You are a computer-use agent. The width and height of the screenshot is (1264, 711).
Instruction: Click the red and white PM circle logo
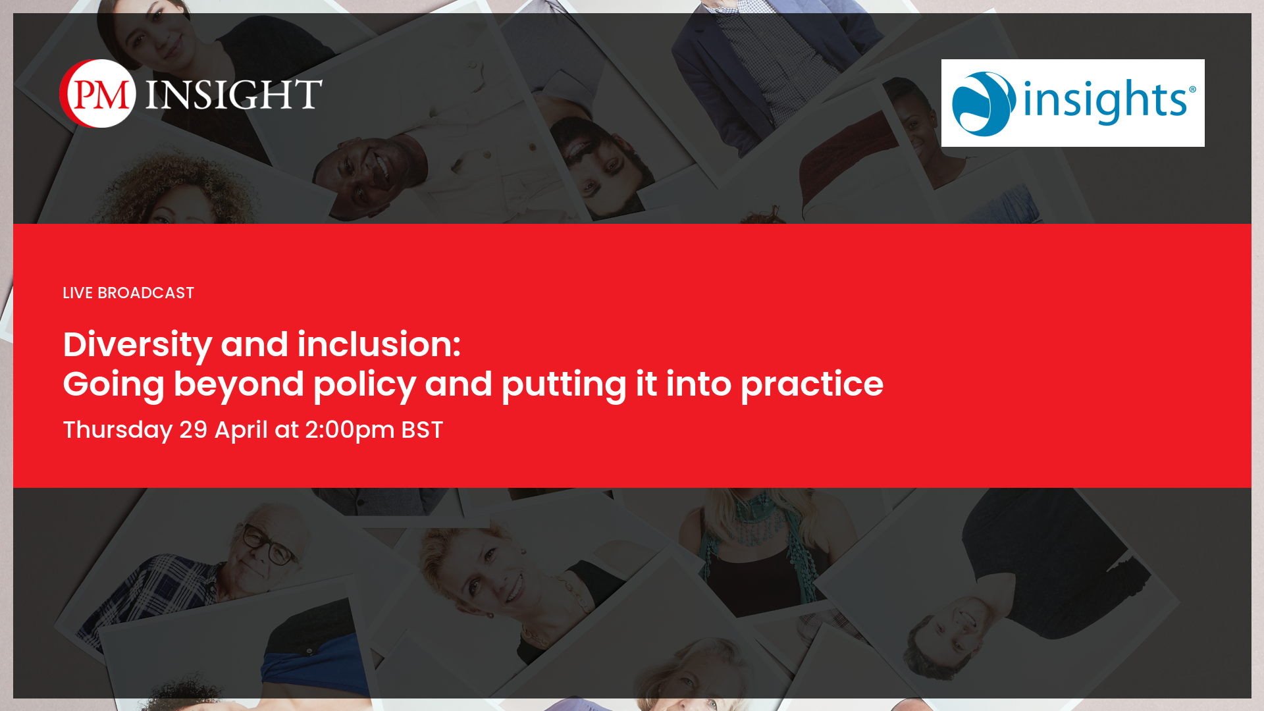[97, 93]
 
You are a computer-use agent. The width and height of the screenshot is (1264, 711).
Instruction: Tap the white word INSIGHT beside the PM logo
[234, 93]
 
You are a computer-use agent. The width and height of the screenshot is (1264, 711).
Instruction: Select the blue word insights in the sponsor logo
[1104, 101]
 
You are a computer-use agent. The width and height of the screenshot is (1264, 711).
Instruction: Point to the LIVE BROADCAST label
[128, 293]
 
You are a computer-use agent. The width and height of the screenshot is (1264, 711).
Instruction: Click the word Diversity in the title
[138, 345]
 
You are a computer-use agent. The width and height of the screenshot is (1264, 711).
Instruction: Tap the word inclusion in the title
[379, 344]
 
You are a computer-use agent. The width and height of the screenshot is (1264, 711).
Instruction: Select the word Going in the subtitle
[113, 385]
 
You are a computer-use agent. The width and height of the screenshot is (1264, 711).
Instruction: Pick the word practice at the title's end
[812, 384]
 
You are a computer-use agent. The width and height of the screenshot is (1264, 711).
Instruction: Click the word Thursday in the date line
[118, 431]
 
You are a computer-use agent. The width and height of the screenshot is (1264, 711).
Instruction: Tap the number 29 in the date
[194, 430]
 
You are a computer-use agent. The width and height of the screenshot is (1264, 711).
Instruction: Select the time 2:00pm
[350, 431]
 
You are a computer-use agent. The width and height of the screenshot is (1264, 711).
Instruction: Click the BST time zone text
[422, 430]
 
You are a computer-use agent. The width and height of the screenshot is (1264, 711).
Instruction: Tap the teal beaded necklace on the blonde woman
[757, 520]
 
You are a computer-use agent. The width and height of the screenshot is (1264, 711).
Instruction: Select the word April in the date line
[241, 431]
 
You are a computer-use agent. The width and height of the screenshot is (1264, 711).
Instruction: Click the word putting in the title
[564, 384]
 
